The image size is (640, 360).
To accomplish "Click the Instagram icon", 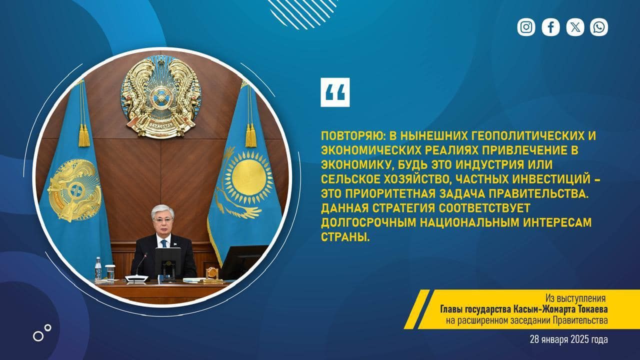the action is [x=526, y=27].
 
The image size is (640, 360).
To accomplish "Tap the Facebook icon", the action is [x=550, y=27].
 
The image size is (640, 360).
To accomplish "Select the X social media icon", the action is [x=575, y=27].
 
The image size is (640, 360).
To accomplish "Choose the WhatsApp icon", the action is [x=599, y=27].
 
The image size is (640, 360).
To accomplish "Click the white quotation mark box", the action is [x=335, y=92].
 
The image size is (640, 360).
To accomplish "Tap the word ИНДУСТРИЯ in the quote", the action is [x=490, y=165].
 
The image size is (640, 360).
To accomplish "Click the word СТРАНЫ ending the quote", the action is [x=345, y=237].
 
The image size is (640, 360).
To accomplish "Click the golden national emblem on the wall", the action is [x=160, y=96].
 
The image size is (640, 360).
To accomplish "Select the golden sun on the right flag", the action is [x=248, y=177].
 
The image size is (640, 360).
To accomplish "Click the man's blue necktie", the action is [x=164, y=243].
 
